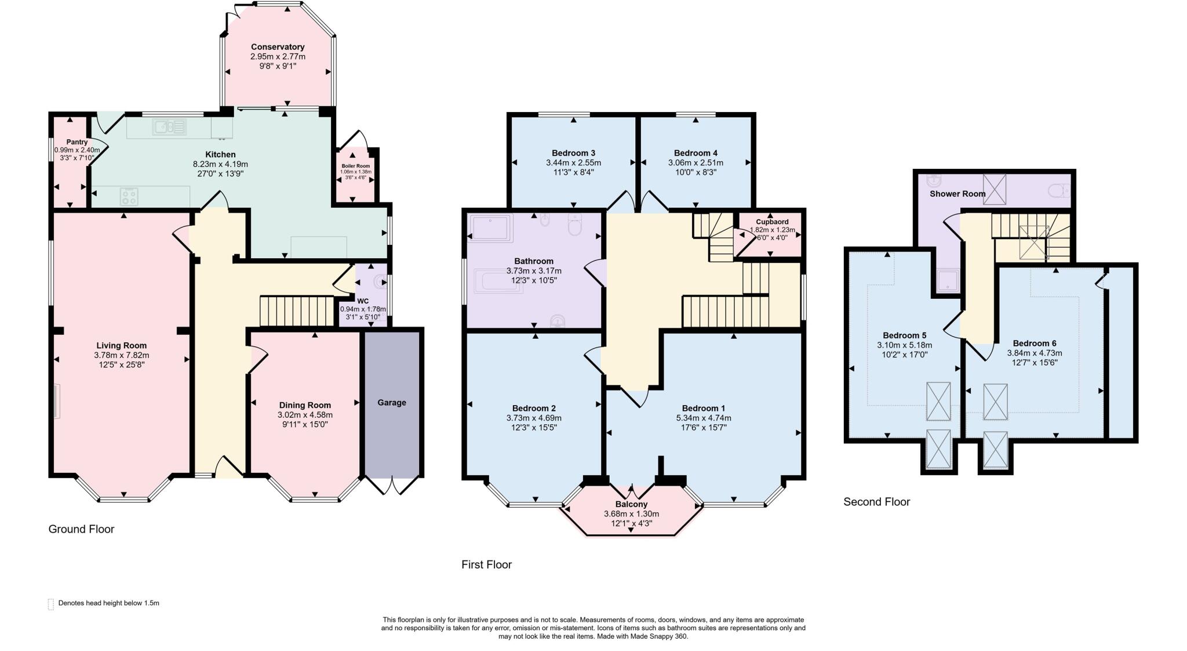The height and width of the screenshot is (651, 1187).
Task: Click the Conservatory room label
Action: click(278, 47)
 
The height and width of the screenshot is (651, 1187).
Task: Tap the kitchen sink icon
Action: click(169, 126)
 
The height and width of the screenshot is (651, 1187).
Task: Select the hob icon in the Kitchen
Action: click(129, 197)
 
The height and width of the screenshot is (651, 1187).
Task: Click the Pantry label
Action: click(77, 142)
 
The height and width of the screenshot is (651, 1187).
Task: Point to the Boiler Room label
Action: click(355, 166)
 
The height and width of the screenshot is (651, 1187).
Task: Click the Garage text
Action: click(392, 403)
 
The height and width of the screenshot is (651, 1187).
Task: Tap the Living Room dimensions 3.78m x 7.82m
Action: click(122, 355)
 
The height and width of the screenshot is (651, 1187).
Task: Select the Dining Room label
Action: click(305, 405)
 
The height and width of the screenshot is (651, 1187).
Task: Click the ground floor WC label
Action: click(363, 301)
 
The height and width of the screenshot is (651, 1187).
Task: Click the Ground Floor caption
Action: click(81, 529)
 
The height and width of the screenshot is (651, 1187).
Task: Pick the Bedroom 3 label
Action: click(573, 153)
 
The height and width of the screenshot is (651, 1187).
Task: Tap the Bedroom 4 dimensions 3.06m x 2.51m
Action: click(696, 163)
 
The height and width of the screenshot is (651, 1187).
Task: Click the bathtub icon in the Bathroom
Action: click(498, 280)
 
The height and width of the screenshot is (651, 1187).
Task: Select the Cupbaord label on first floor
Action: click(772, 222)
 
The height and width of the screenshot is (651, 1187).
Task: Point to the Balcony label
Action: click(631, 504)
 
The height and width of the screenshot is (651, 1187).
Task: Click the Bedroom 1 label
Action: click(703, 408)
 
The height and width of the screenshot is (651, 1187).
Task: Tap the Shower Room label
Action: click(957, 194)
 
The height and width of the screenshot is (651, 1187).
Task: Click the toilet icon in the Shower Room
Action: click(1060, 190)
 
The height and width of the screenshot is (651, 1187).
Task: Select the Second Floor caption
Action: click(876, 502)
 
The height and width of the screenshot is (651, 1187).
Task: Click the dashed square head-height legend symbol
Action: click(51, 604)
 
